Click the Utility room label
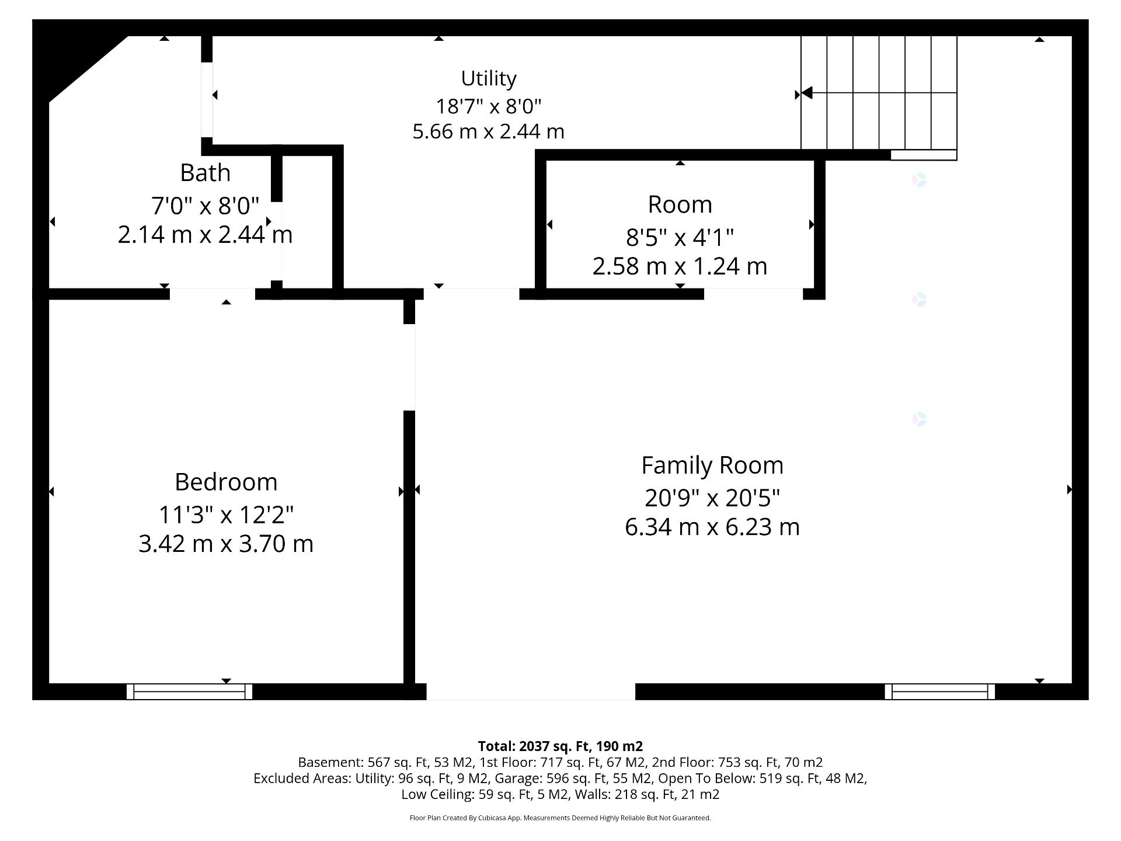(489, 79)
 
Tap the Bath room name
(205, 173)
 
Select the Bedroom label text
(226, 482)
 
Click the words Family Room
(712, 466)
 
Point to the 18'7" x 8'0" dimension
(489, 106)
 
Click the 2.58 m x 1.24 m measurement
(680, 266)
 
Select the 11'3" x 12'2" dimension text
(226, 515)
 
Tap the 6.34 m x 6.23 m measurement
(712, 527)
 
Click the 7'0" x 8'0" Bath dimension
(205, 206)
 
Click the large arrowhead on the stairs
(807, 93)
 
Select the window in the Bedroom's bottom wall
(190, 691)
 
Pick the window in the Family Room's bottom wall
(940, 691)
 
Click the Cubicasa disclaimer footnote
(560, 818)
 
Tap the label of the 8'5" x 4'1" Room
(680, 205)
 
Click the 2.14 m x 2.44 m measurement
(205, 235)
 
